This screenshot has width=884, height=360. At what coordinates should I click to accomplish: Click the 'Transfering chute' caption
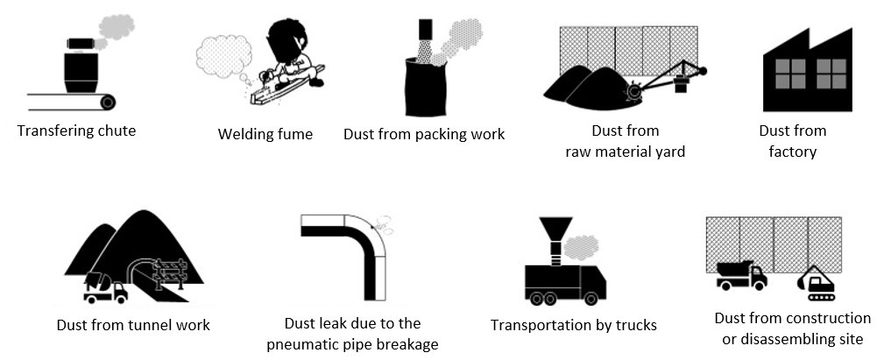(x=76, y=131)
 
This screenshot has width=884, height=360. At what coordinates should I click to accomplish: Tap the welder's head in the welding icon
(x=287, y=39)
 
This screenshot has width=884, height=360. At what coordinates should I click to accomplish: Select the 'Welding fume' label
(x=265, y=134)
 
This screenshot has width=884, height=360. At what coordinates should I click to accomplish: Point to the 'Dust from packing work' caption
(x=423, y=134)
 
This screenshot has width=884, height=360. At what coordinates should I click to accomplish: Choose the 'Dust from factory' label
(x=792, y=141)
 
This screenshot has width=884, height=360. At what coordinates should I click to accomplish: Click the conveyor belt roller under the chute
(x=107, y=102)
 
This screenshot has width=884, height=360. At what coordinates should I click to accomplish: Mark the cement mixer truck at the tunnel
(x=105, y=287)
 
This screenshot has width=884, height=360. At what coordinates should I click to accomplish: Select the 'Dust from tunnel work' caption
(x=133, y=325)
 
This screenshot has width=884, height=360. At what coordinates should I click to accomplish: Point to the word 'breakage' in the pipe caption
(x=404, y=344)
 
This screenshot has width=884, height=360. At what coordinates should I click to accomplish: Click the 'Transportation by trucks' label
(x=573, y=326)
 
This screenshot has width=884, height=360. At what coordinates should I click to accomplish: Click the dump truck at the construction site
(x=740, y=274)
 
